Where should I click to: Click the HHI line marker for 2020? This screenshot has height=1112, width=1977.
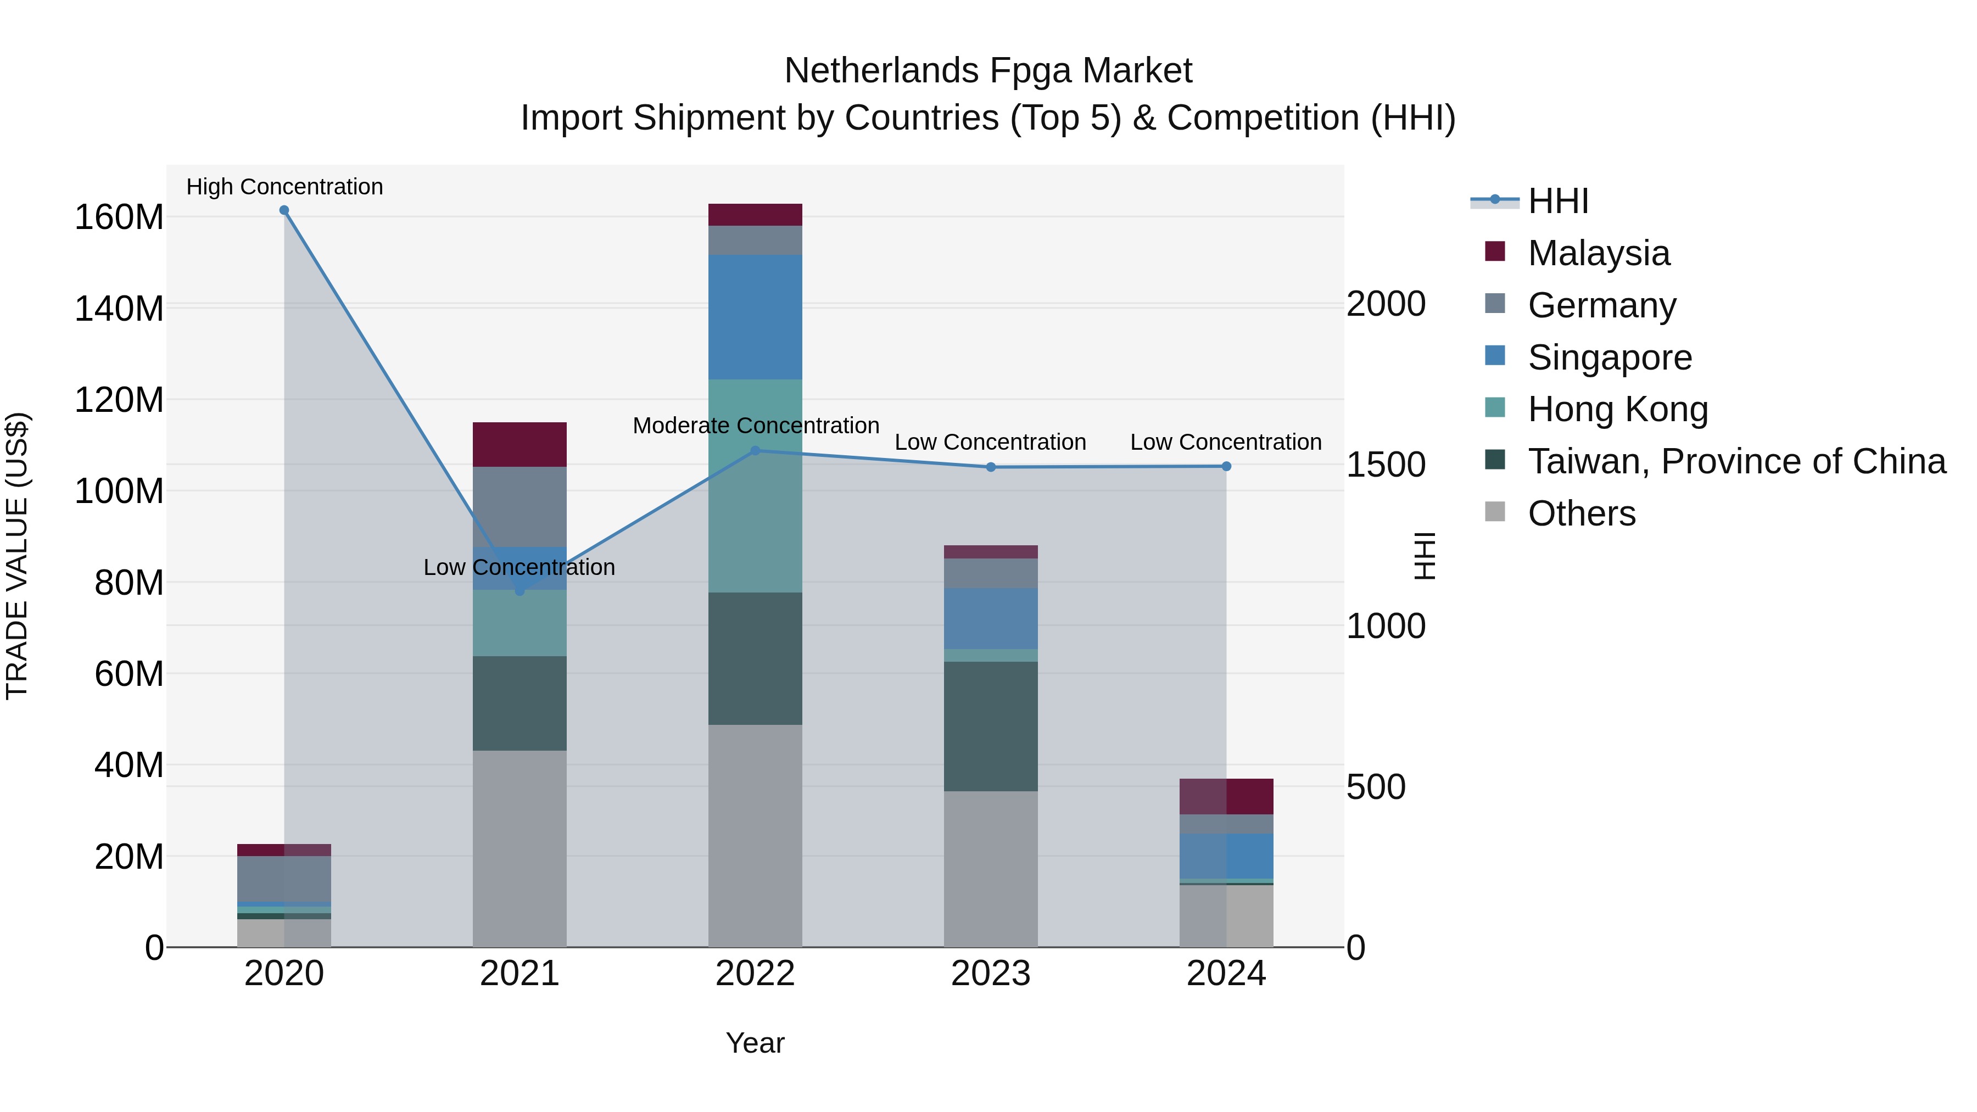(x=284, y=210)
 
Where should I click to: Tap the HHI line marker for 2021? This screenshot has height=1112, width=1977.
(x=520, y=591)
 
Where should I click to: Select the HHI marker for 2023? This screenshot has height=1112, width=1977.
(x=991, y=467)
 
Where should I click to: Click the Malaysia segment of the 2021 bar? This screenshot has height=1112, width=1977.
(x=520, y=444)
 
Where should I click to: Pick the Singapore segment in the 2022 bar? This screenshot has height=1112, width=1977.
(x=755, y=317)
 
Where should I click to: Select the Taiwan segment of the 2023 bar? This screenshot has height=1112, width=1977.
(x=991, y=726)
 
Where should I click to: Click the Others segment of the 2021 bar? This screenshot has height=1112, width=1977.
(x=520, y=848)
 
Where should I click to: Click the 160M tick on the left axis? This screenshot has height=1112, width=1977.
(x=119, y=217)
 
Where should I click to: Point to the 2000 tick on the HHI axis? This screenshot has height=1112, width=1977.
(x=1386, y=304)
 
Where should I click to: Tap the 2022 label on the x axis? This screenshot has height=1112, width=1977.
(x=755, y=974)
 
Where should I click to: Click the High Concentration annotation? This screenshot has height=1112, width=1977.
(x=284, y=187)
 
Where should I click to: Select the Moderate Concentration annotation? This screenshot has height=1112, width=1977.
(x=755, y=425)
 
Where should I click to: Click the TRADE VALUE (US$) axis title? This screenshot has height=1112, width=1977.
(x=17, y=556)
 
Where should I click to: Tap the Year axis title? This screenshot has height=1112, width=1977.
(x=755, y=1043)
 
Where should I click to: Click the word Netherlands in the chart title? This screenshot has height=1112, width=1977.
(x=881, y=71)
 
